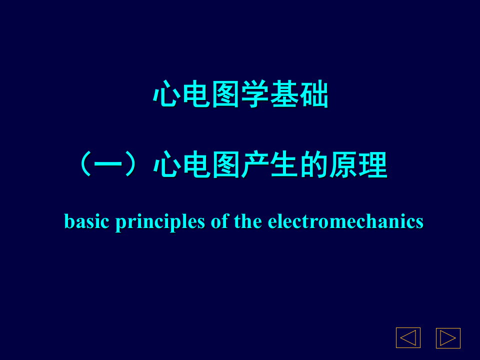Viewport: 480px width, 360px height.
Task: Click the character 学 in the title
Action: [255, 94]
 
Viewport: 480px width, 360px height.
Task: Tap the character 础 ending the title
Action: [314, 94]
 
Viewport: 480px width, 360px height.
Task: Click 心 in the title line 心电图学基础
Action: [167, 94]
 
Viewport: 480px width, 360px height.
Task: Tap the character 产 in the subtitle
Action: [255, 165]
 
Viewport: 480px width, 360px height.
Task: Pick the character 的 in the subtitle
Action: [314, 165]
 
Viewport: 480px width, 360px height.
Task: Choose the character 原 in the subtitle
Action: [343, 165]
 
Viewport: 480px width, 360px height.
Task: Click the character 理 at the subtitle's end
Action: [373, 165]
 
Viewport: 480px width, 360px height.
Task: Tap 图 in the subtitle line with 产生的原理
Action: [225, 165]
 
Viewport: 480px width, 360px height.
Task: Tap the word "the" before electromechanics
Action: [248, 221]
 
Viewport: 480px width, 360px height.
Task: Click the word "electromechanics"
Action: [345, 221]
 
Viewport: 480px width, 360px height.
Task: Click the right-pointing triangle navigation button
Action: [448, 338]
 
